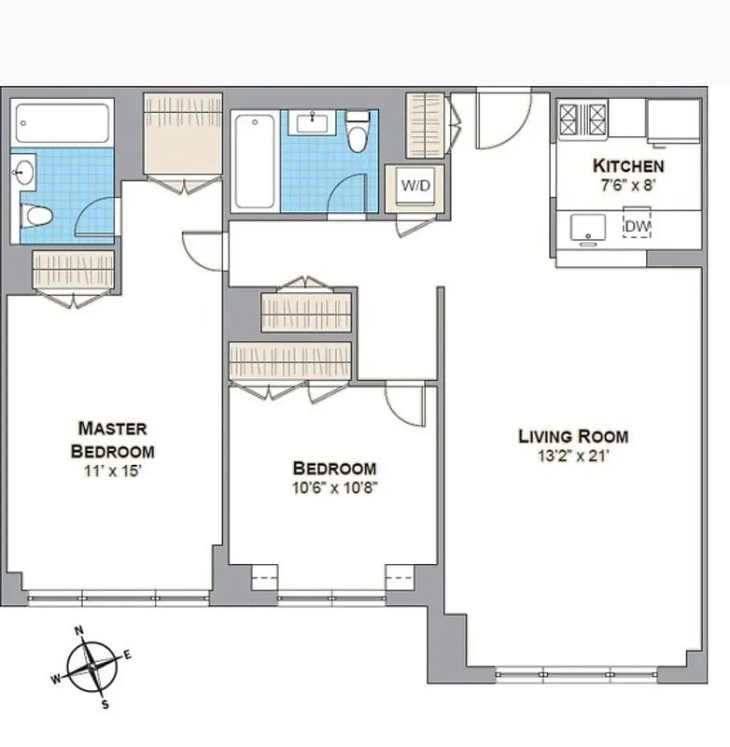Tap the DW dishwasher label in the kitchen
637,226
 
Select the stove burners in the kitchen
583,120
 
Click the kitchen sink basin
587,225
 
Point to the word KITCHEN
628,166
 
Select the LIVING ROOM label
573,436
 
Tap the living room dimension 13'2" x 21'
573,456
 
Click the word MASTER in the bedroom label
112,429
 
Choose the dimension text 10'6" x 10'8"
334,486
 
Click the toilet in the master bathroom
37,217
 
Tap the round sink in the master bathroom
23,171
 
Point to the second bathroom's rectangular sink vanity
314,121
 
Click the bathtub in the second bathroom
253,161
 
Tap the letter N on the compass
79,629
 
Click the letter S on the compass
105,705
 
